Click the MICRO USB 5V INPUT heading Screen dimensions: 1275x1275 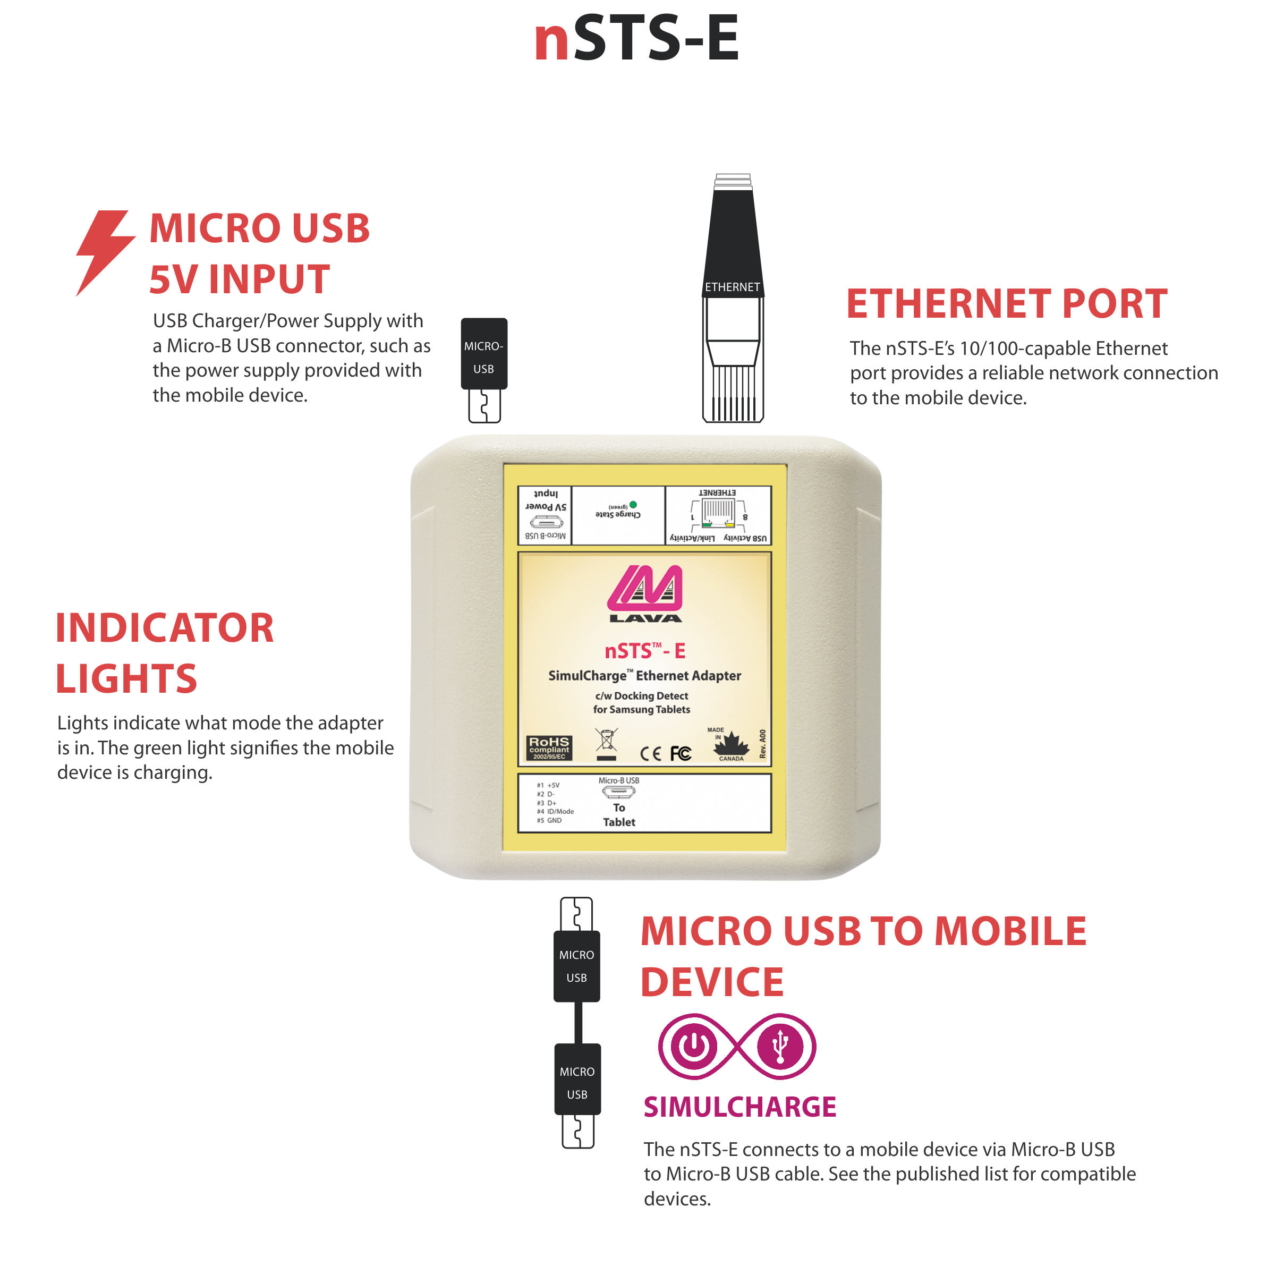click(x=259, y=253)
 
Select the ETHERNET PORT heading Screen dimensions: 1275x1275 click(x=1006, y=304)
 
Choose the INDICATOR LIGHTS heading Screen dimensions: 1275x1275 click(x=164, y=653)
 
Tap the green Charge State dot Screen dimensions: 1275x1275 click(x=634, y=505)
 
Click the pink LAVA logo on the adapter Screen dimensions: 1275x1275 click(x=645, y=593)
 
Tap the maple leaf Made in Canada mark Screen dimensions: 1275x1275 click(x=731, y=745)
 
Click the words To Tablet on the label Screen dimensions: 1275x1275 click(x=619, y=815)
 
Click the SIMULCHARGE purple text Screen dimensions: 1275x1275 click(x=740, y=1107)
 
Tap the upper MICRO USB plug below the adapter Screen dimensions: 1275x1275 click(x=577, y=965)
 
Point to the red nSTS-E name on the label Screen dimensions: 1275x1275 click(x=645, y=651)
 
